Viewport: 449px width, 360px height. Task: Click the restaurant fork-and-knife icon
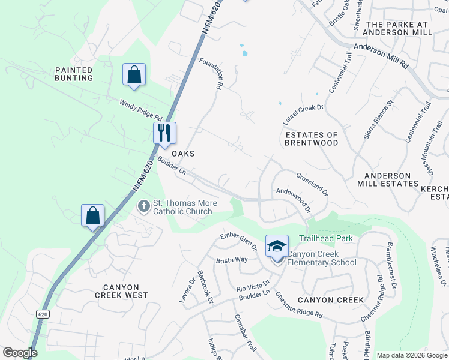pyautogui.click(x=164, y=133)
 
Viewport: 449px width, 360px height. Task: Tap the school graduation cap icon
pyautogui.click(x=277, y=245)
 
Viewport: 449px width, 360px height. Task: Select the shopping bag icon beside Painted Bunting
pyautogui.click(x=134, y=75)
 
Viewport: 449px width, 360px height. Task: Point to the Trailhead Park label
pyautogui.click(x=325, y=238)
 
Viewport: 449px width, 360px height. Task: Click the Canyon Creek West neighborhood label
pyautogui.click(x=121, y=291)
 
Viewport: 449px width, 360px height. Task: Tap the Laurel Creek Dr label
pyautogui.click(x=303, y=114)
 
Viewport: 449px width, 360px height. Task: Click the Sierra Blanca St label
pyautogui.click(x=378, y=119)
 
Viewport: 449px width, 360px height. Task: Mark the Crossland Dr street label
pyautogui.click(x=312, y=183)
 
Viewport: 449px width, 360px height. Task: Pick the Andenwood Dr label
pyautogui.click(x=293, y=200)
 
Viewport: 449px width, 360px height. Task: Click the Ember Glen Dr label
pyautogui.click(x=239, y=240)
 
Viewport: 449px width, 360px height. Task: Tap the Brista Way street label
pyautogui.click(x=232, y=259)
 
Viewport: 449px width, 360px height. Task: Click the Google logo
pyautogui.click(x=20, y=352)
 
